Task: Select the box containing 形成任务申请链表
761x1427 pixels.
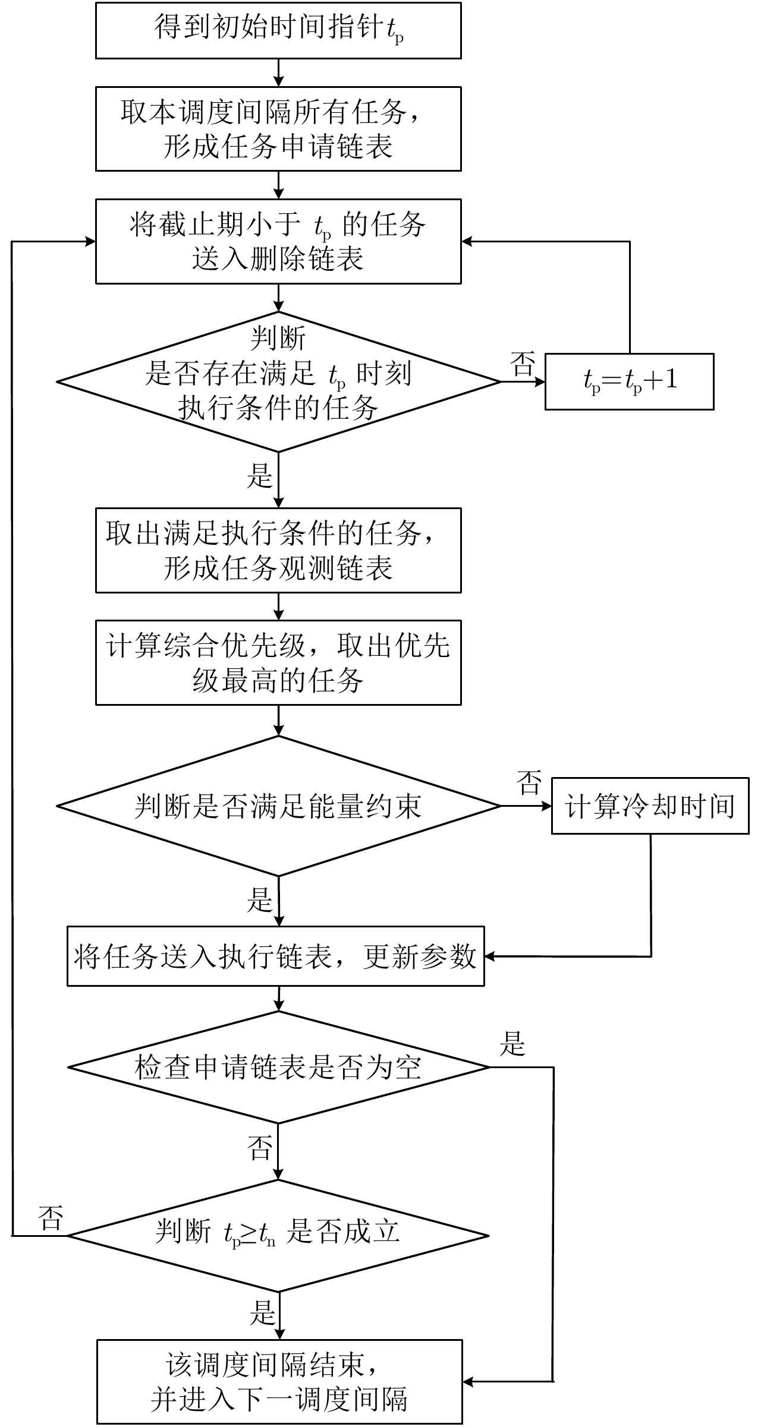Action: point(278,129)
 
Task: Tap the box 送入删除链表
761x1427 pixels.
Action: point(278,242)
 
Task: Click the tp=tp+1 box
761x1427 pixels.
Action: point(629,381)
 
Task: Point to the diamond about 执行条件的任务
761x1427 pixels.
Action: point(278,381)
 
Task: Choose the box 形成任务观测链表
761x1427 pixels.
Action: point(278,550)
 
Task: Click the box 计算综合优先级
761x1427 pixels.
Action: point(278,662)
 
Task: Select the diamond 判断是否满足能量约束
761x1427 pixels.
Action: point(278,806)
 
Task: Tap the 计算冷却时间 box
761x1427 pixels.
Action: point(650,806)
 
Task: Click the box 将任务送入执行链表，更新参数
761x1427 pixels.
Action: point(275,956)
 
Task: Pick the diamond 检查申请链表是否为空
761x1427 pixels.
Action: point(278,1068)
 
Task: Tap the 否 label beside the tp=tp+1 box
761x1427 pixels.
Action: point(523,364)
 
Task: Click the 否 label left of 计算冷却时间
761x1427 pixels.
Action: point(529,782)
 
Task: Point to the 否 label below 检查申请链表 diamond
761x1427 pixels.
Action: point(260,1148)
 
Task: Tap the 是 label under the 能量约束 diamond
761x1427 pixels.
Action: point(260,901)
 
